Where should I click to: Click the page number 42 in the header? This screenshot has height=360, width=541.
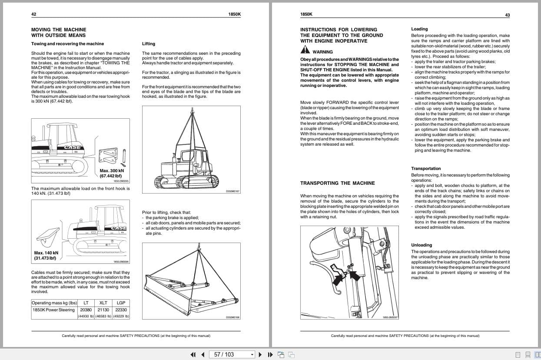pyautogui.click(x=34, y=14)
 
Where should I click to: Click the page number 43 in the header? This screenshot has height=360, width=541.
pyautogui.click(x=507, y=15)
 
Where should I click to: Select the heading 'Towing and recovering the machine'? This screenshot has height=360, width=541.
pyautogui.click(x=67, y=44)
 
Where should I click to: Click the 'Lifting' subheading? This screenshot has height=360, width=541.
pyautogui.click(x=149, y=44)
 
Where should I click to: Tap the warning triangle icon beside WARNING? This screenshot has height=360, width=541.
pyautogui.click(x=305, y=50)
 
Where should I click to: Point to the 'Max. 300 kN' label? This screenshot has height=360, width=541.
pyautogui.click(x=111, y=171)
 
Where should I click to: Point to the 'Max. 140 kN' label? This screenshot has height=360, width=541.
pyautogui.click(x=46, y=253)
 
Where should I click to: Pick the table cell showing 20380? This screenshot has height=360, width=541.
pyautogui.click(x=86, y=310)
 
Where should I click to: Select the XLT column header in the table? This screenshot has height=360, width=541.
pyautogui.click(x=103, y=303)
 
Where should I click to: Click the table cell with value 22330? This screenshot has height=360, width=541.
pyautogui.click(x=120, y=310)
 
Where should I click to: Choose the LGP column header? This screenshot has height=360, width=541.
pyautogui.click(x=120, y=303)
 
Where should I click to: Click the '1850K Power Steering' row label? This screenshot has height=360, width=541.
pyautogui.click(x=54, y=310)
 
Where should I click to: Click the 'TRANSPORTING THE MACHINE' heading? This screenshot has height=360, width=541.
pyautogui.click(x=337, y=183)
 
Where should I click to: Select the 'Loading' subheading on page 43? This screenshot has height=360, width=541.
pyautogui.click(x=419, y=29)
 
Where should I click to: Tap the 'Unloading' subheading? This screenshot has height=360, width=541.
pyautogui.click(x=422, y=245)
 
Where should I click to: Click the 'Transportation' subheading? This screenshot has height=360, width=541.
pyautogui.click(x=426, y=169)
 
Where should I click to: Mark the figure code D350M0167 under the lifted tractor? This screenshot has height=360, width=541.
pyautogui.click(x=233, y=191)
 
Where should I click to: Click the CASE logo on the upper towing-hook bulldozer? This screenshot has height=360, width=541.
pyautogui.click(x=73, y=147)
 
